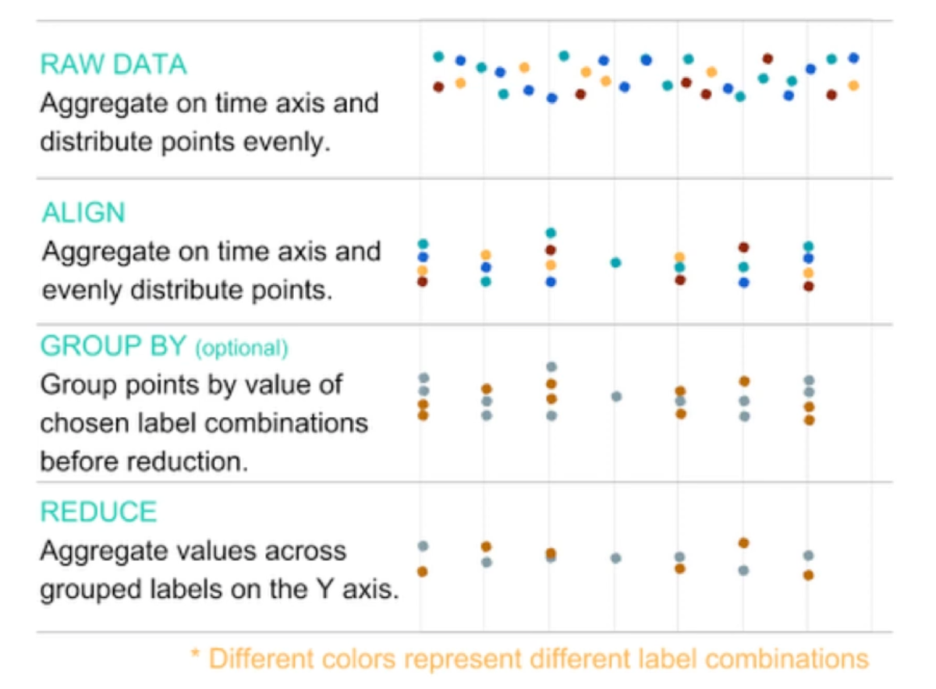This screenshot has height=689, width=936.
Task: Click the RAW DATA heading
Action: [114, 64]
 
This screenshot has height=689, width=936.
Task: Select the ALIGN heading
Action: [83, 213]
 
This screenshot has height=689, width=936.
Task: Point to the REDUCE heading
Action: [98, 511]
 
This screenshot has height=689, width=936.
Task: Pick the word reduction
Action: [196, 461]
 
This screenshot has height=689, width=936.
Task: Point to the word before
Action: [80, 461]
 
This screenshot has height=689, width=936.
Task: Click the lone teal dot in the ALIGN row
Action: [615, 263]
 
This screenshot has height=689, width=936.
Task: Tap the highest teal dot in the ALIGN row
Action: [551, 233]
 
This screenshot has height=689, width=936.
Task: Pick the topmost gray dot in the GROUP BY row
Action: [551, 366]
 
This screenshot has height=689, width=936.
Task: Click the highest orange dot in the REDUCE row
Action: [743, 542]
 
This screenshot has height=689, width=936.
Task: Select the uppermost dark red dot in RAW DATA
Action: [768, 58]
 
